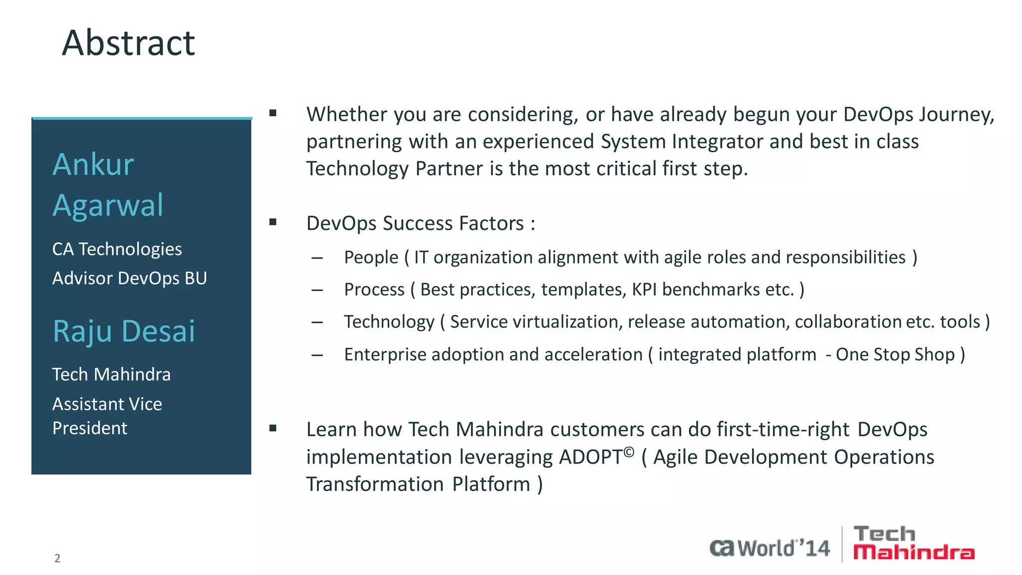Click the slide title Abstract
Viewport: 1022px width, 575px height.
(128, 43)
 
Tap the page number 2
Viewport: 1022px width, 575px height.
(57, 558)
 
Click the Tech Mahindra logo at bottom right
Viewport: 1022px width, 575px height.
(913, 544)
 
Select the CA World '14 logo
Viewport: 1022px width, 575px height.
(769, 548)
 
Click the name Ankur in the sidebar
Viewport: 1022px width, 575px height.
(93, 164)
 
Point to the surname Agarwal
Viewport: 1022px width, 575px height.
(108, 205)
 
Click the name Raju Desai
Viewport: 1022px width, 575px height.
(124, 331)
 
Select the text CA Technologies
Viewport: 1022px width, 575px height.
(117, 249)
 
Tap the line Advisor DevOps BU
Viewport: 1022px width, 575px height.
(129, 278)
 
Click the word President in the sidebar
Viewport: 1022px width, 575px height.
(90, 428)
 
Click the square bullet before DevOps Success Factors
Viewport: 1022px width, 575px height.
(272, 222)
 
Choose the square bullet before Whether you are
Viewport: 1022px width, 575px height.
(272, 113)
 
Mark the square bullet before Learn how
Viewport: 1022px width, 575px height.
(272, 428)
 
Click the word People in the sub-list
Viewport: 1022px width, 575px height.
(371, 258)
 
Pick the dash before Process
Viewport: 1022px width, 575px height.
(317, 290)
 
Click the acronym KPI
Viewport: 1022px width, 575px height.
(644, 289)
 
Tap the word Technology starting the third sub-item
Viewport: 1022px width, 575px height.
(389, 322)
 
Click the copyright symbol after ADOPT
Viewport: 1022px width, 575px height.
(629, 452)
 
